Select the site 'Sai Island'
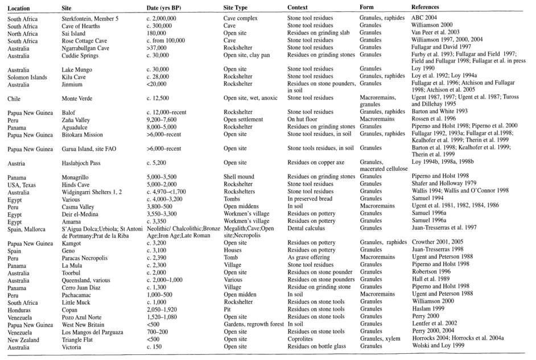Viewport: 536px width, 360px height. pos(74,34)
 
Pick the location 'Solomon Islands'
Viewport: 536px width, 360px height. pos(27,77)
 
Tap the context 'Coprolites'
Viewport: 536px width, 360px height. pos(302,338)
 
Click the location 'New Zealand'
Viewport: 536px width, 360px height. pos(24,338)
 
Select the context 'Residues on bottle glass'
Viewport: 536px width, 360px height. pos(318,345)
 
